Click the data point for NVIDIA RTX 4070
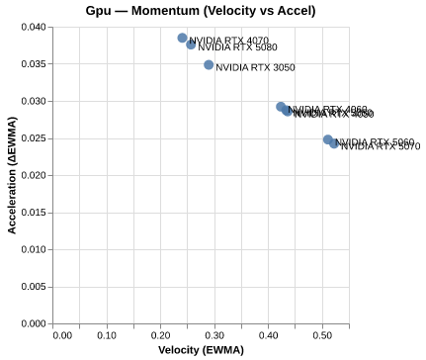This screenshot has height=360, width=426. point(182,38)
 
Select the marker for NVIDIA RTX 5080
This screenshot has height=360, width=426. point(191,45)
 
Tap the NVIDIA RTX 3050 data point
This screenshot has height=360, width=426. point(209,64)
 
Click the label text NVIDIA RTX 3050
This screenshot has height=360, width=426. point(255,68)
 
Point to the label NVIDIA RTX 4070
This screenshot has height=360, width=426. point(228,41)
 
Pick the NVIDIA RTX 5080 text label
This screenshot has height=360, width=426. point(237,47)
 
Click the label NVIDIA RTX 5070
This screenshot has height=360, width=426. point(381,146)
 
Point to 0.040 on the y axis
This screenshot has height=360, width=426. point(34,27)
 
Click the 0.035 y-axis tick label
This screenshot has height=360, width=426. point(34,64)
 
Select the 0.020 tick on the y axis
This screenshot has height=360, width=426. point(34,175)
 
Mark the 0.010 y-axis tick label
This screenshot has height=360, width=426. point(34,249)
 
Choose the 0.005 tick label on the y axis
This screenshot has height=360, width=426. point(34,287)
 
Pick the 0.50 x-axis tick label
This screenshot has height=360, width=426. point(322,335)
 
